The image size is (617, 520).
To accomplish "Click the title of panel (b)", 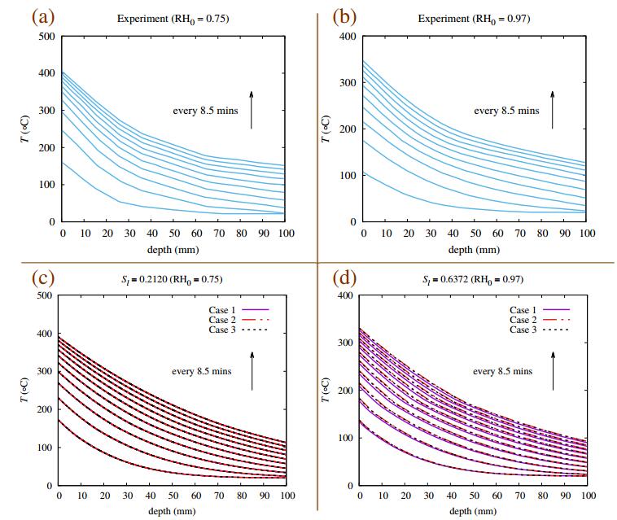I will click(475, 17).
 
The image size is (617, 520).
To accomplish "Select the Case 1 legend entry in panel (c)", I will click(237, 310).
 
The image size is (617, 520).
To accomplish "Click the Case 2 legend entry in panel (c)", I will click(237, 320).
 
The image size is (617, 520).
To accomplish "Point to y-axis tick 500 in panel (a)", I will click(47, 37).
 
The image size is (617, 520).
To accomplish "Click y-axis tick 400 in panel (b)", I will click(348, 37).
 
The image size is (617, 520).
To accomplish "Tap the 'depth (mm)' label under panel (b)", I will click(474, 249).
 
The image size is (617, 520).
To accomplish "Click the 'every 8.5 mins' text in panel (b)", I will click(506, 111).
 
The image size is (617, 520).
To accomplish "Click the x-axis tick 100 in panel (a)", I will click(284, 234).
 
